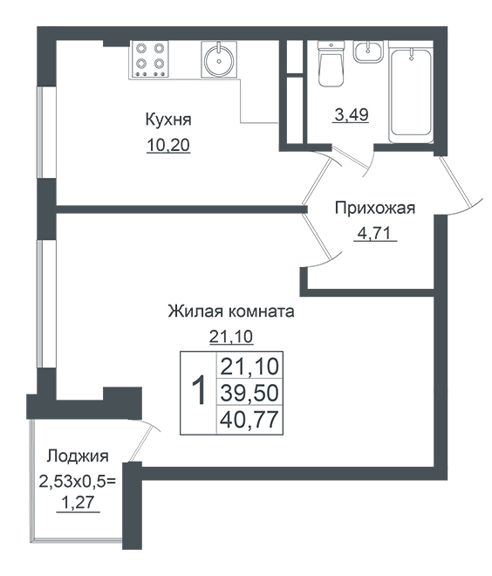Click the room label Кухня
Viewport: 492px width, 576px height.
(x=168, y=120)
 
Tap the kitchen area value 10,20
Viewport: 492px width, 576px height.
(x=168, y=146)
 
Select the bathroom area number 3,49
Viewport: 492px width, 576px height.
(x=351, y=115)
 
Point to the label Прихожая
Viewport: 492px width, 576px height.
(x=375, y=209)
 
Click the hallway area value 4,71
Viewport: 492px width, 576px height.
(x=375, y=233)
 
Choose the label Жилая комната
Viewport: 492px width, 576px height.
(x=231, y=312)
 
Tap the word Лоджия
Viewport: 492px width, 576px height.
(x=78, y=456)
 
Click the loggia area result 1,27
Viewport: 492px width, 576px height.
(x=78, y=503)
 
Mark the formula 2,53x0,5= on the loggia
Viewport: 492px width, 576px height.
(x=78, y=481)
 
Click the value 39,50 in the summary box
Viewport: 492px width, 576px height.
(x=249, y=393)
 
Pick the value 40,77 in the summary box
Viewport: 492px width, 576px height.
(x=249, y=420)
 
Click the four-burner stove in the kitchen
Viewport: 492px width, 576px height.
(x=148, y=58)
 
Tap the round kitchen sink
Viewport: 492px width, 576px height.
(x=219, y=59)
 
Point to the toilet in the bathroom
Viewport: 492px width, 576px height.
(x=331, y=64)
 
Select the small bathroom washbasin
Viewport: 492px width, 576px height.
(x=368, y=51)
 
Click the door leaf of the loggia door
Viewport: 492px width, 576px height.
(x=140, y=442)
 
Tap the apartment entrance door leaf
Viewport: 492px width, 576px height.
(x=455, y=182)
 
